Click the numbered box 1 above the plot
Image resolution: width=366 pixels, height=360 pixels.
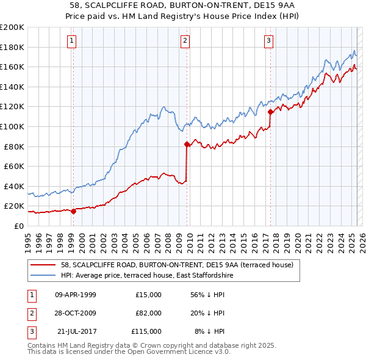72,41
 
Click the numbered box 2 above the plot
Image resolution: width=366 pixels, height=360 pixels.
185,41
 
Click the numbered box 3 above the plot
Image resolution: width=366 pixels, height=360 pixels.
268,41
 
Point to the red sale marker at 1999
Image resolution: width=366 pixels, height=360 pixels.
73,211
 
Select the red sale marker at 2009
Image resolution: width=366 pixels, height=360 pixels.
187,145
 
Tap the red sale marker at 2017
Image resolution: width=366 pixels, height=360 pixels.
270,112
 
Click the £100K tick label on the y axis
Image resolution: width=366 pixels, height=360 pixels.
12,126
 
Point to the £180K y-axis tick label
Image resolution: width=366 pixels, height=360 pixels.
12,47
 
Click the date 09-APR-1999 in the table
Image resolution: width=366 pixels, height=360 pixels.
76,295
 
